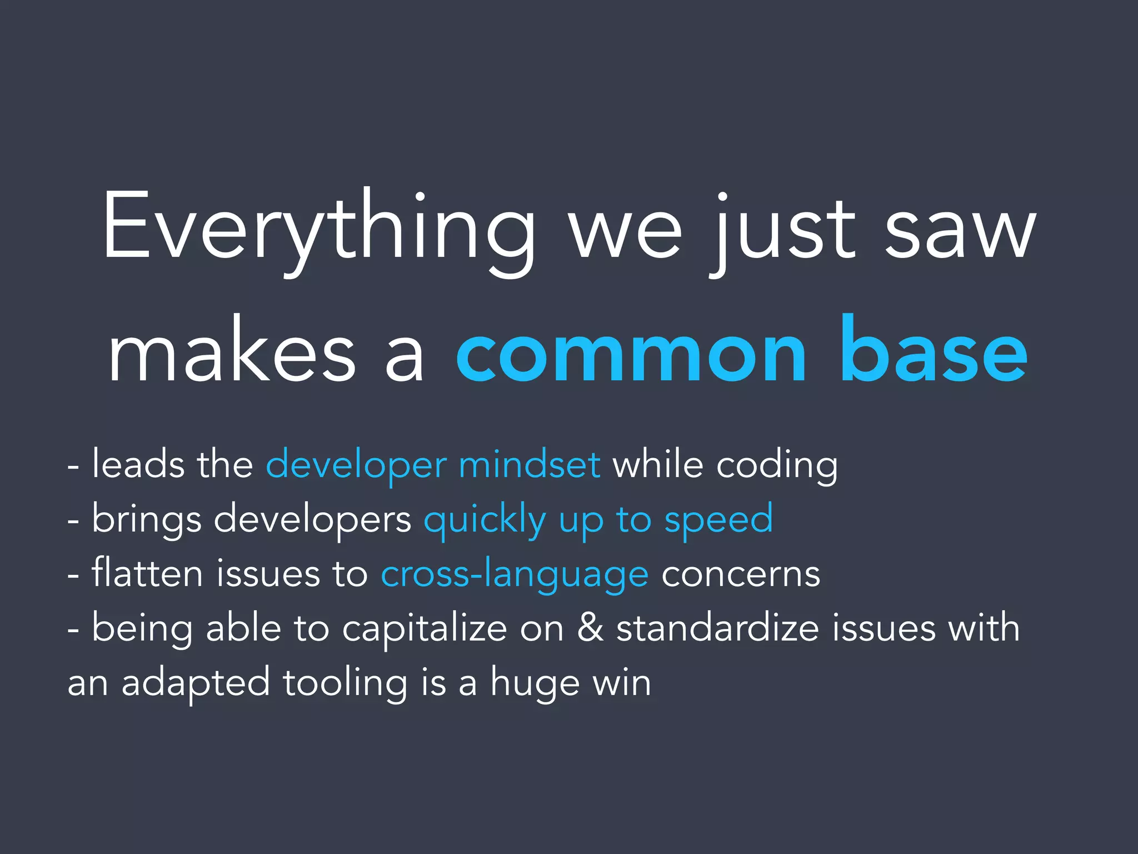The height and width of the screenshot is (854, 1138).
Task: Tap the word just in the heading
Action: coord(783,231)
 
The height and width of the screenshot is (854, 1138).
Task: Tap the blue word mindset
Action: coord(529,464)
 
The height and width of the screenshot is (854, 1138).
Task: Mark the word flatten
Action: coord(147,573)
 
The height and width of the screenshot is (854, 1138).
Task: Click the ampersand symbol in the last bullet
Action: coord(590,628)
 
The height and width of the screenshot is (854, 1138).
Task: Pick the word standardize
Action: coord(717,628)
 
